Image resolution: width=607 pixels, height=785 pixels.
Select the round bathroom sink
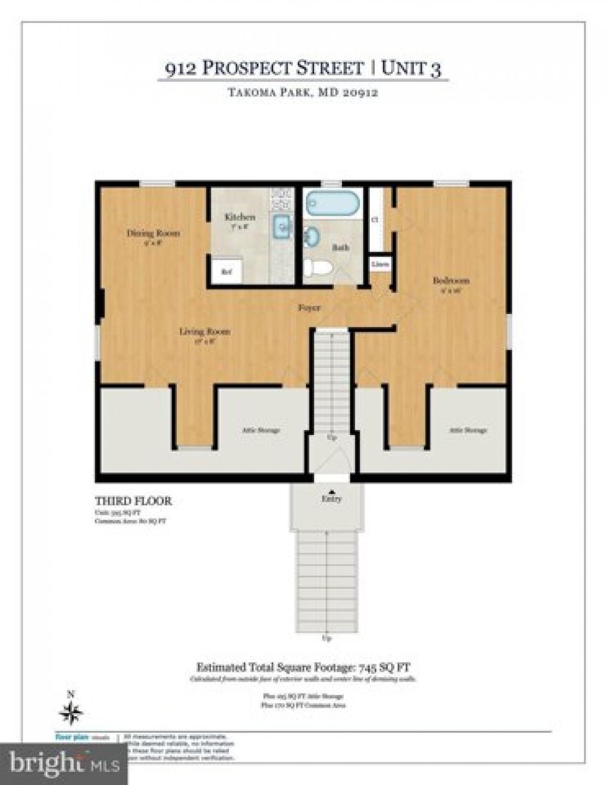311,237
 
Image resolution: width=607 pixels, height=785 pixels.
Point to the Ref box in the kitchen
226,272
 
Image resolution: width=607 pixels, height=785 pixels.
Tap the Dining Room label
153,233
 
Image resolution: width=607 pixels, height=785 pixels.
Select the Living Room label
205,332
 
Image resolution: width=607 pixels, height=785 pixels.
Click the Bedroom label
451,280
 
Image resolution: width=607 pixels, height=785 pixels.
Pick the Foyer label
309,308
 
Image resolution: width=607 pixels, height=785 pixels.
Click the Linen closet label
380,264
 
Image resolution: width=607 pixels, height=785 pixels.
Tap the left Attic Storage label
261,430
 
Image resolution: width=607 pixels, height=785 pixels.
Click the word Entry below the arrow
331,499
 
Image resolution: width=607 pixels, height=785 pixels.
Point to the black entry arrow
331,491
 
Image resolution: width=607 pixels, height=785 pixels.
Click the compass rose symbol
71,713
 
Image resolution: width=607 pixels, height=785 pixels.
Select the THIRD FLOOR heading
134,501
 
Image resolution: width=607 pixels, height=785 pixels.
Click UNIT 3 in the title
411,68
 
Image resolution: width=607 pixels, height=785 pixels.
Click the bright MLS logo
63,763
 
